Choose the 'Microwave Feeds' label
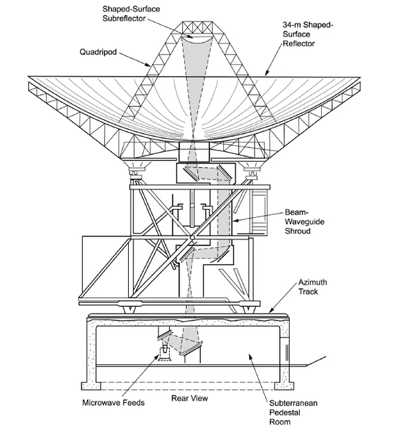[114, 402]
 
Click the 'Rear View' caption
[190, 397]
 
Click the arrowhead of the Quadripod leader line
[151, 66]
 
